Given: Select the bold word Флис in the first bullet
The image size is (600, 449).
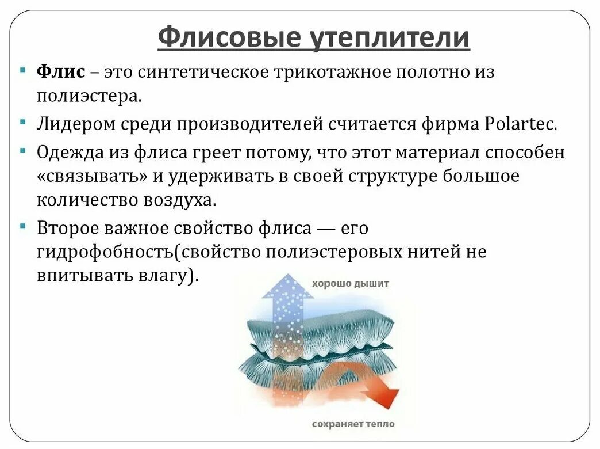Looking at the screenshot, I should point(61,72).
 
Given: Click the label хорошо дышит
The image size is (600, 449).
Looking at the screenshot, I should point(351,283).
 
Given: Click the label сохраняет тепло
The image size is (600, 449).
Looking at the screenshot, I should point(353,424).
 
